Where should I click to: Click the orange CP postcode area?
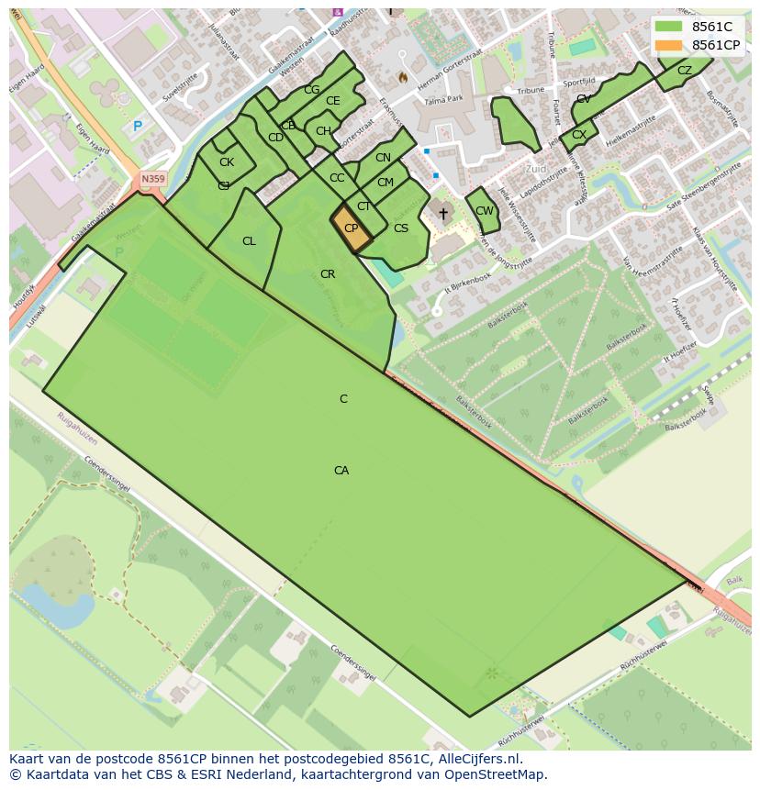pos(351,228)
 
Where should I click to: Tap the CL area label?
pos(249,241)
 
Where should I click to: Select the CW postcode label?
pos(485,211)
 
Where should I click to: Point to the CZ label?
pos(685,71)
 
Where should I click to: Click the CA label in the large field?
pos(341,471)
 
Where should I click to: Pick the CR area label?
pos(328,274)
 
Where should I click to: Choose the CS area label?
pos(401,228)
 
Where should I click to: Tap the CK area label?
pos(227,162)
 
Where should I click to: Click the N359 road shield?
pos(152,180)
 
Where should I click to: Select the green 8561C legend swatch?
pos(669,27)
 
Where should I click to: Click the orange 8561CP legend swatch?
pos(669,45)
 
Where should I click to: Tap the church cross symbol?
pos(442,214)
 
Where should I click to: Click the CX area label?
pos(579,136)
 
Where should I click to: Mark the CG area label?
pos(312,90)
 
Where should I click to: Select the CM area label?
pos(386,183)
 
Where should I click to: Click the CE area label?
pos(333,101)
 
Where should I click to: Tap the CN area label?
pos(383,158)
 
